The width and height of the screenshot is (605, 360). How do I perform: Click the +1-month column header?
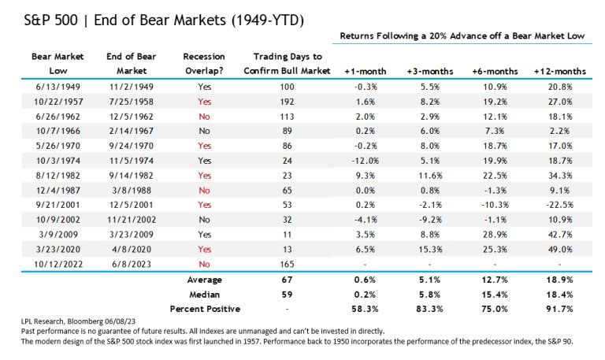tap(362, 71)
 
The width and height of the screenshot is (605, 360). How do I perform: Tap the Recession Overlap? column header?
tap(203, 63)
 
